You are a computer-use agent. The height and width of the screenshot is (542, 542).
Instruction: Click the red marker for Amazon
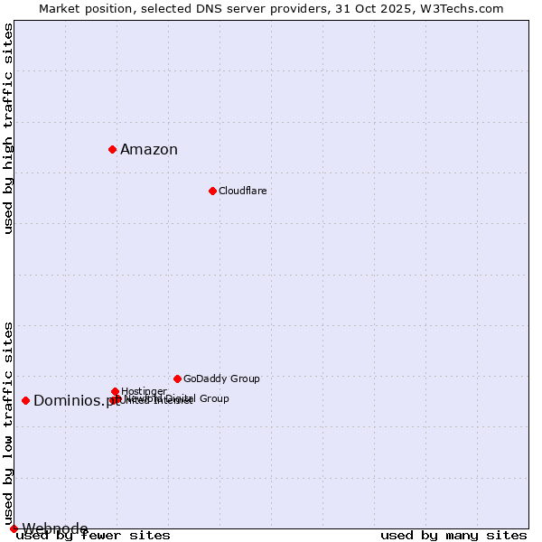(x=112, y=149)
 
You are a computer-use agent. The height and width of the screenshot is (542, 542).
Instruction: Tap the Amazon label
(x=149, y=150)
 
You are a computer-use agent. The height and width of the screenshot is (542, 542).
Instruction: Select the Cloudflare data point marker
(x=212, y=191)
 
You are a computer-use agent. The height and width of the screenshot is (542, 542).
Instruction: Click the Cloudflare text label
(x=242, y=191)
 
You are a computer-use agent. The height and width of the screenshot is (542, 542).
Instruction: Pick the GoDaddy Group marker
(x=177, y=378)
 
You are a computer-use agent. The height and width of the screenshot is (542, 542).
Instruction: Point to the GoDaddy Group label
(x=221, y=378)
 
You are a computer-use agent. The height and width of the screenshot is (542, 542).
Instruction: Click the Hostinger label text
(x=144, y=391)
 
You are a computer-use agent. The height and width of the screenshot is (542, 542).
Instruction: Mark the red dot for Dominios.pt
(x=25, y=400)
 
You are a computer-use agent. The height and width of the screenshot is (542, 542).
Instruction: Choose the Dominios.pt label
(x=76, y=401)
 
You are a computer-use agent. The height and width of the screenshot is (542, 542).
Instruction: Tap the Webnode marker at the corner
(x=14, y=528)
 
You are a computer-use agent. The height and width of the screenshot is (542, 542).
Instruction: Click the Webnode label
(x=55, y=528)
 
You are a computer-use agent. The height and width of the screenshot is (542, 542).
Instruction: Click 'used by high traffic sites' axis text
(x=9, y=128)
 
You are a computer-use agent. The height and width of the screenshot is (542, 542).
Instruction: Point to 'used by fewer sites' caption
(x=93, y=536)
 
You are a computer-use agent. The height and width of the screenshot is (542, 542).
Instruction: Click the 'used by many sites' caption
(x=453, y=536)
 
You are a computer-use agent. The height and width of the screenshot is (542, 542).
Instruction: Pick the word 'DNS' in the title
(x=205, y=8)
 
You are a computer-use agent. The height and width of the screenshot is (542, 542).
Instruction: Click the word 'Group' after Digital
(x=213, y=398)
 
